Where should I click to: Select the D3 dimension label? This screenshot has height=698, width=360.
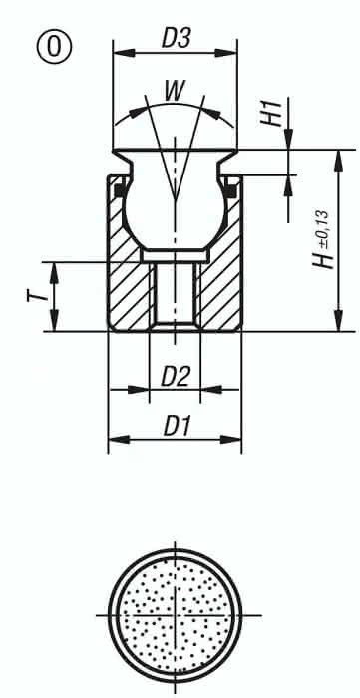(x=176, y=39)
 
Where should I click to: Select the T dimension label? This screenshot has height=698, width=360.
(x=29, y=296)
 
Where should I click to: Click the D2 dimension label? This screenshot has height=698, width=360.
(x=176, y=376)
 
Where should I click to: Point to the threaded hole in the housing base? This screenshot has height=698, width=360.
(x=176, y=294)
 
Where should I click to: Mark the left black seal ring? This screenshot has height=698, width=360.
(x=118, y=185)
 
